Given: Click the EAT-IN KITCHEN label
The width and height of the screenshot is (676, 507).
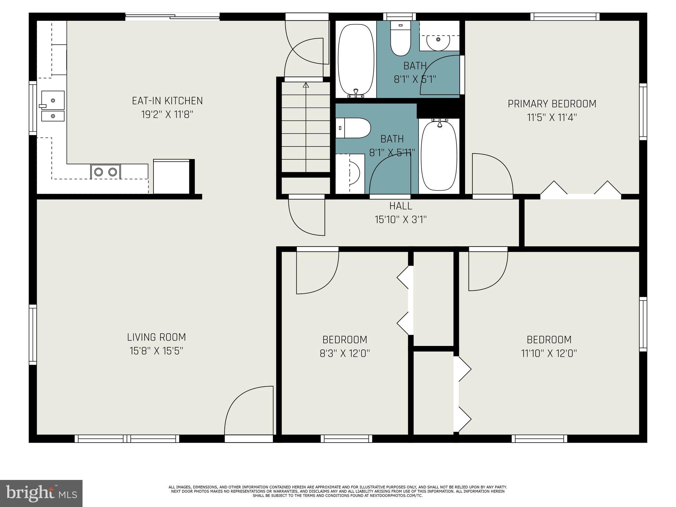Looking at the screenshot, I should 167,101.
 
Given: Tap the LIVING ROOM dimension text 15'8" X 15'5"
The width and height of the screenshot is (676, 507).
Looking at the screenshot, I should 156,351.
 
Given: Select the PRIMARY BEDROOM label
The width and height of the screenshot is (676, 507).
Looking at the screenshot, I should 552,104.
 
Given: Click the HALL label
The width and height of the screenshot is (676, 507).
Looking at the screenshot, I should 401,206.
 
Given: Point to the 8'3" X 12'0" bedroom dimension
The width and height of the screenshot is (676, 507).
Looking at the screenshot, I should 345,354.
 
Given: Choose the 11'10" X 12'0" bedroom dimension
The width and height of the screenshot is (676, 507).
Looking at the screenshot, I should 549,354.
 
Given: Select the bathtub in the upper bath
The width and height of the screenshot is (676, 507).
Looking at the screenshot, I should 356,59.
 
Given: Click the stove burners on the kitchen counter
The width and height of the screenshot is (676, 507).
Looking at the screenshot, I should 106,172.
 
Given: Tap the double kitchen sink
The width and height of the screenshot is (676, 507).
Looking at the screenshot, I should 53,107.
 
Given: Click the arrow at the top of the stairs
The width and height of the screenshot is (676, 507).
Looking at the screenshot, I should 306,85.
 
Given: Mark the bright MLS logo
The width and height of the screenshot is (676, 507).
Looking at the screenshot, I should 41,493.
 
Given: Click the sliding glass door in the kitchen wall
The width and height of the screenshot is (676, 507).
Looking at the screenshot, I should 172,17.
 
